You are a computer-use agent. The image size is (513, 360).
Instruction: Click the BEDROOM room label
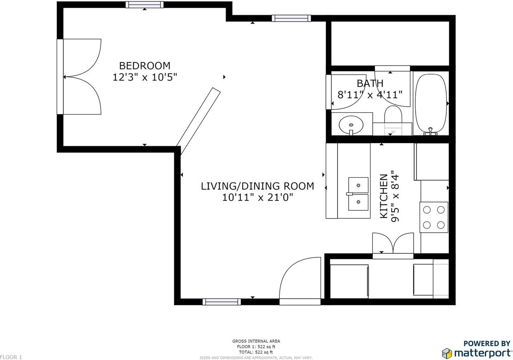point(145,66)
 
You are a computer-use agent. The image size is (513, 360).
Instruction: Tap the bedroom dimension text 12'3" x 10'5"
point(145,77)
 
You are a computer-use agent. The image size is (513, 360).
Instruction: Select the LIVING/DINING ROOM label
point(257,186)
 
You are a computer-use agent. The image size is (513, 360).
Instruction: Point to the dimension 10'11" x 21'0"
point(257,197)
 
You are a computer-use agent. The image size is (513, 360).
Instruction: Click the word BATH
point(370,83)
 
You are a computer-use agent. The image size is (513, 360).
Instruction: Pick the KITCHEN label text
point(384,196)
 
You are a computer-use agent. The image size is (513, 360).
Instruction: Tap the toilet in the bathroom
point(393,116)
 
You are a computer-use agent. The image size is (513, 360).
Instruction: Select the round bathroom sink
point(351,125)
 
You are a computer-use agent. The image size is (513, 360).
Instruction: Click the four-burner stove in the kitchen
point(434,217)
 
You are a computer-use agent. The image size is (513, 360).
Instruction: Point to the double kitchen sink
point(358,194)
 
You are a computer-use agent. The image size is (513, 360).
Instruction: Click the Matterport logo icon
point(447,353)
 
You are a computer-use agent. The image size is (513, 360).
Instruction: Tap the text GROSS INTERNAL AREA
point(256,341)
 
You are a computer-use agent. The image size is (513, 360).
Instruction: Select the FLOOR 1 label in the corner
point(11,357)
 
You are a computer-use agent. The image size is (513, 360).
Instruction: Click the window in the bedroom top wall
point(144,5)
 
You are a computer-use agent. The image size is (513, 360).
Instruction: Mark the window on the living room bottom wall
point(222,302)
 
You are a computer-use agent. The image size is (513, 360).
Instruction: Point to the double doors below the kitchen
point(393,244)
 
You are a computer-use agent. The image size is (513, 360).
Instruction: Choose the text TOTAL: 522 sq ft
point(256,352)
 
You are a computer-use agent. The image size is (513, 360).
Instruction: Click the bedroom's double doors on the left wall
point(80,77)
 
